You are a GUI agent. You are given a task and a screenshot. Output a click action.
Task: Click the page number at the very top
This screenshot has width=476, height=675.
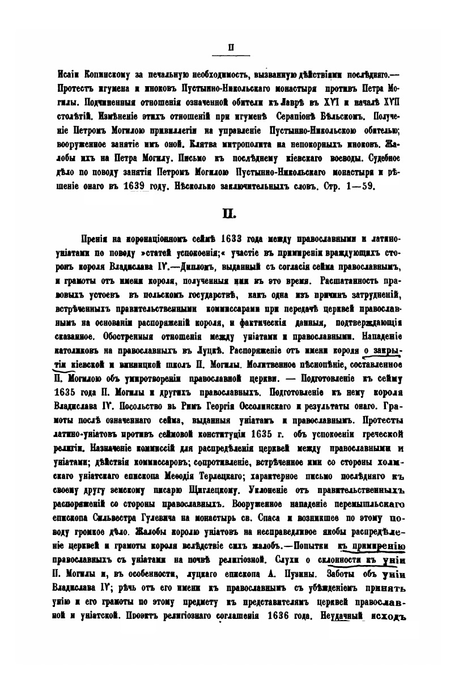(231, 47)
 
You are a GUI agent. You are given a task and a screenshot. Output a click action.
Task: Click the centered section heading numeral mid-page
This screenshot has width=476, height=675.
(231, 214)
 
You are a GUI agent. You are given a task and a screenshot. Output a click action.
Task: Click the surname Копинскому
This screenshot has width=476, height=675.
(110, 75)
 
